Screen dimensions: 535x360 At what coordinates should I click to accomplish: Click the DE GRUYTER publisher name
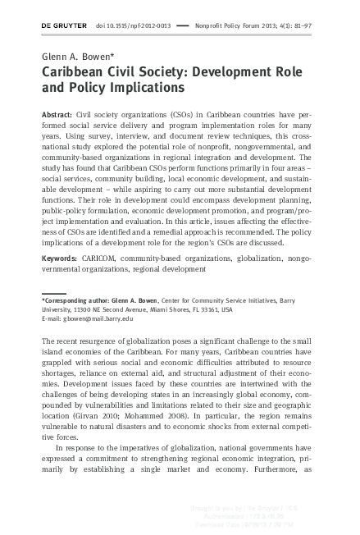tap(64, 25)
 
